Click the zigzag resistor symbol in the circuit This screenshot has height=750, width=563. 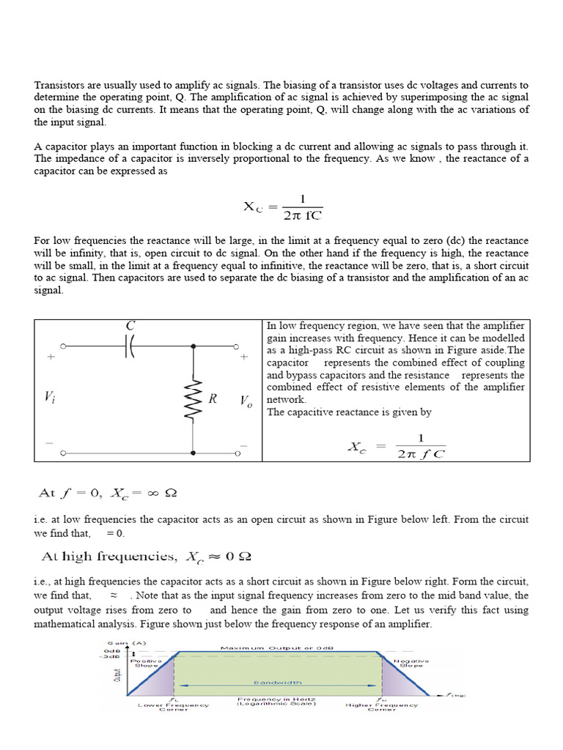tap(193, 400)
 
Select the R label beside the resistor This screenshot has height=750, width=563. tap(213, 399)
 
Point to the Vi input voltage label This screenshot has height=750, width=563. tap(49, 397)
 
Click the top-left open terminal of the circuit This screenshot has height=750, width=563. tap(64, 346)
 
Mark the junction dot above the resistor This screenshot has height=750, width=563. tap(193, 346)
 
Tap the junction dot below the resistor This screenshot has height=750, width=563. tap(193, 454)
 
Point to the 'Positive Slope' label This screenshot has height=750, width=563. tap(145, 663)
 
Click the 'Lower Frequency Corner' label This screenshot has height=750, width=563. tap(173, 708)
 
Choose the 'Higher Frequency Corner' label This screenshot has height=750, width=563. tap(381, 708)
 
